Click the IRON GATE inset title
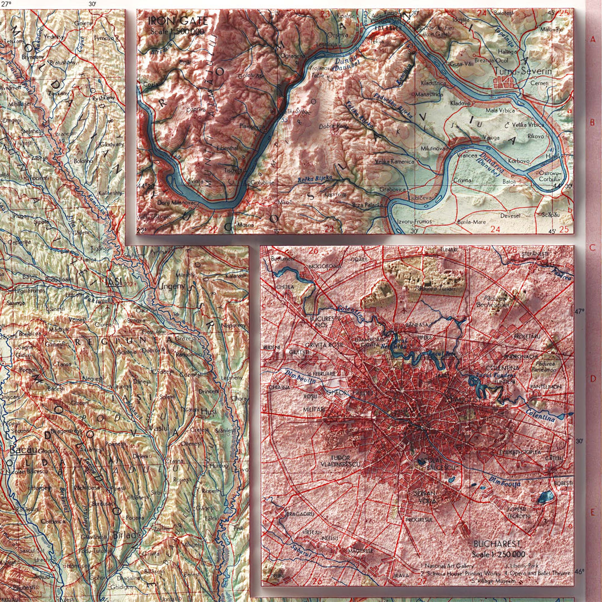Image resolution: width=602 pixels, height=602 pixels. pos(177,22)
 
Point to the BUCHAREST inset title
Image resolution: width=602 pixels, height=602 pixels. pos(497,544)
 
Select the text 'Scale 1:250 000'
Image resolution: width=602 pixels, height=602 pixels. pos(498,554)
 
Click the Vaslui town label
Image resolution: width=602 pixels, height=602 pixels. pos(159,428)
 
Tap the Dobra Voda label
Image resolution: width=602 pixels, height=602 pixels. pos(333,127)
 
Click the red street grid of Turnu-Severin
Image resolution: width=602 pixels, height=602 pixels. pos(507,84)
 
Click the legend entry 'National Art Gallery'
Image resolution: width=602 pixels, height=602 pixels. pos(446,565)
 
